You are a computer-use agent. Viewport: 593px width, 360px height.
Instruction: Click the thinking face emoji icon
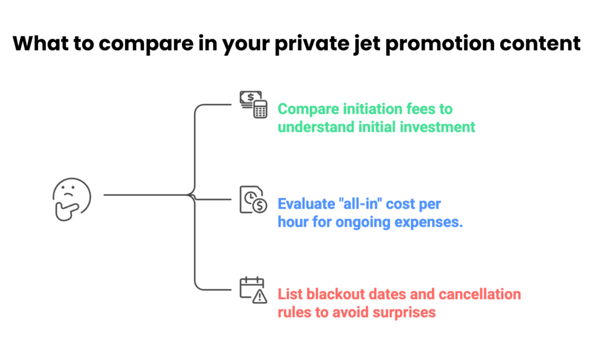pos(71,199)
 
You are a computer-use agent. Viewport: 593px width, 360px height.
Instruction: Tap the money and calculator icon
pos(253,104)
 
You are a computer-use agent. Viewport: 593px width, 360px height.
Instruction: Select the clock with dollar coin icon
pos(253,200)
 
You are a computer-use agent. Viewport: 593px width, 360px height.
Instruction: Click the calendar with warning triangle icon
pos(253,291)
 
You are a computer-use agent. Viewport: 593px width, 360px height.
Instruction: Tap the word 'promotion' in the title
pos(444,45)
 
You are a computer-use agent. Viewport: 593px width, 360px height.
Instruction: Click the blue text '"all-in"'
pos(358,204)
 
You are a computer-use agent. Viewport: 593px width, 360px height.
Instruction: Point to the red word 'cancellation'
pos(481,295)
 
